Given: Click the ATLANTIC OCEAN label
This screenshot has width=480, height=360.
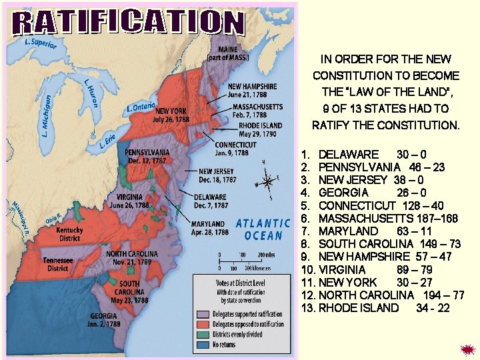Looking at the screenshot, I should click(x=263, y=229).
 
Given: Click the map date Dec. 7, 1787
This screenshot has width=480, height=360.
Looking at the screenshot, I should click(x=211, y=206).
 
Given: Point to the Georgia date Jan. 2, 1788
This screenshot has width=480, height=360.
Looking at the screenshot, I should click(x=104, y=324).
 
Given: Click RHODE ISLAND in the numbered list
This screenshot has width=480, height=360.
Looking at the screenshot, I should click(x=358, y=308).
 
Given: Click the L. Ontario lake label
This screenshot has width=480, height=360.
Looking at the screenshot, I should click(x=141, y=105).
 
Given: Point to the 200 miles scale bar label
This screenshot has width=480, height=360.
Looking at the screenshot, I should click(x=266, y=255).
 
